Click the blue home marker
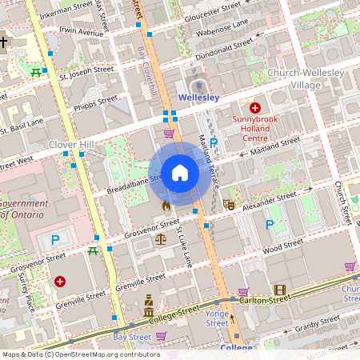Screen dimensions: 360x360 click(180, 173)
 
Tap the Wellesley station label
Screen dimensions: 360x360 click(199, 97)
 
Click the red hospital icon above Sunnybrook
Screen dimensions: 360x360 click(255, 107)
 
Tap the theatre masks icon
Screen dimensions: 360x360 click(228, 205)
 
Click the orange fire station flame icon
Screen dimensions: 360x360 click(166, 206)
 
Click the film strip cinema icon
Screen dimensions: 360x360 click(279, 290)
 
